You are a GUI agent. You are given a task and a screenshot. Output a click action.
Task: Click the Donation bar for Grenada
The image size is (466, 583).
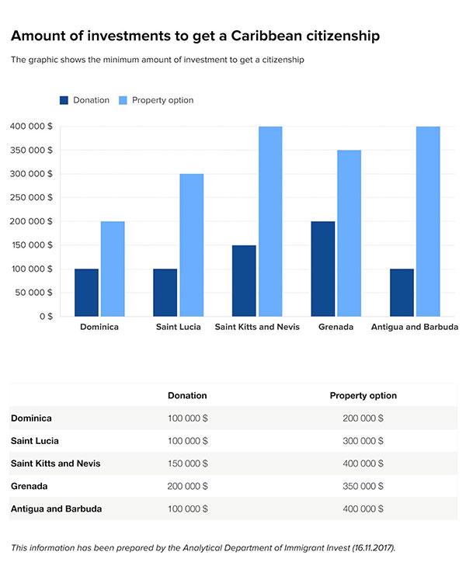pyautogui.click(x=322, y=269)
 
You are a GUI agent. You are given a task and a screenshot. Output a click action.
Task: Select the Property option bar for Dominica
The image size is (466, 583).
pyautogui.click(x=112, y=269)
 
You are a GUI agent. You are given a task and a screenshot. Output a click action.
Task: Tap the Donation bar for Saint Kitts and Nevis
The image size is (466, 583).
pyautogui.click(x=243, y=280)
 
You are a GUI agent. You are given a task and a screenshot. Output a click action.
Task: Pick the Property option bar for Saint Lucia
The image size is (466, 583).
pyautogui.click(x=191, y=245)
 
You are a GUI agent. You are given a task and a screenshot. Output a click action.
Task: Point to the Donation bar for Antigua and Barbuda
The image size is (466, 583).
pyautogui.click(x=402, y=293)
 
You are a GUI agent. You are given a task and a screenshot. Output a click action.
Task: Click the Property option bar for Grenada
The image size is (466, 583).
pyautogui.click(x=349, y=233)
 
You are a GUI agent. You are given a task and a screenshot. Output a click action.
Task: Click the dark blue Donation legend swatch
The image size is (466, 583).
pyautogui.click(x=64, y=100)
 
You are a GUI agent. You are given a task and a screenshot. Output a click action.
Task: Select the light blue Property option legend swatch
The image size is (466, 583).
pyautogui.click(x=123, y=100)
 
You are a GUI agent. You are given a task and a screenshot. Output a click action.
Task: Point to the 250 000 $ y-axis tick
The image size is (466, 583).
pyautogui.click(x=32, y=197)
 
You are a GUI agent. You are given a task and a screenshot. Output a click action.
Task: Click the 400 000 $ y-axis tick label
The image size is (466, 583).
pyautogui.click(x=32, y=126)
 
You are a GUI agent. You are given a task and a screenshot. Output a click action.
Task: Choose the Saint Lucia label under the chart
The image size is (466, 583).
pyautogui.click(x=178, y=328)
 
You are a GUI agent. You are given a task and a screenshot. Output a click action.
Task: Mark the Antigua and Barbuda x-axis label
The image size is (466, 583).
pyautogui.click(x=414, y=328)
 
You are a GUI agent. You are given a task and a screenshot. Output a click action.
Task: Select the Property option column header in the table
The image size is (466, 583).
pyautogui.click(x=363, y=396)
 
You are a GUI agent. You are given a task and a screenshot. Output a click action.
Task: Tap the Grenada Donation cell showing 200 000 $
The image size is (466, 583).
pyautogui.click(x=187, y=486)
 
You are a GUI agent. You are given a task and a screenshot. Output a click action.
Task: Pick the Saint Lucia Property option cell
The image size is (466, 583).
pyautogui.click(x=363, y=441)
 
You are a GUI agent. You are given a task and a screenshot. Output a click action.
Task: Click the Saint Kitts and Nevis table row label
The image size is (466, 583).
pyautogui.click(x=55, y=463)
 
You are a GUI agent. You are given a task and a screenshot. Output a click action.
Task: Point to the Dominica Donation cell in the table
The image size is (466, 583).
pyautogui.click(x=187, y=418)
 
